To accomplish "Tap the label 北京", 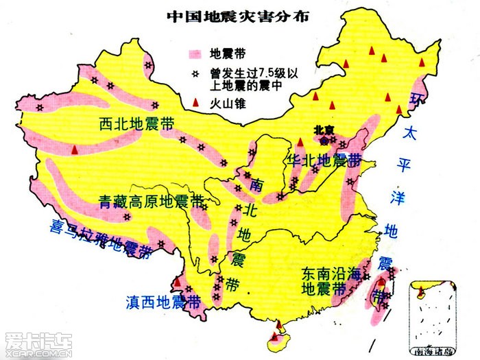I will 322,128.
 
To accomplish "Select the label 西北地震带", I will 136,124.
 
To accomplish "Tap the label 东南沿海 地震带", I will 330,280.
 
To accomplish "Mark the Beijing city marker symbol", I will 324,139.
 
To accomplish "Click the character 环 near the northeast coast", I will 416,100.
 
